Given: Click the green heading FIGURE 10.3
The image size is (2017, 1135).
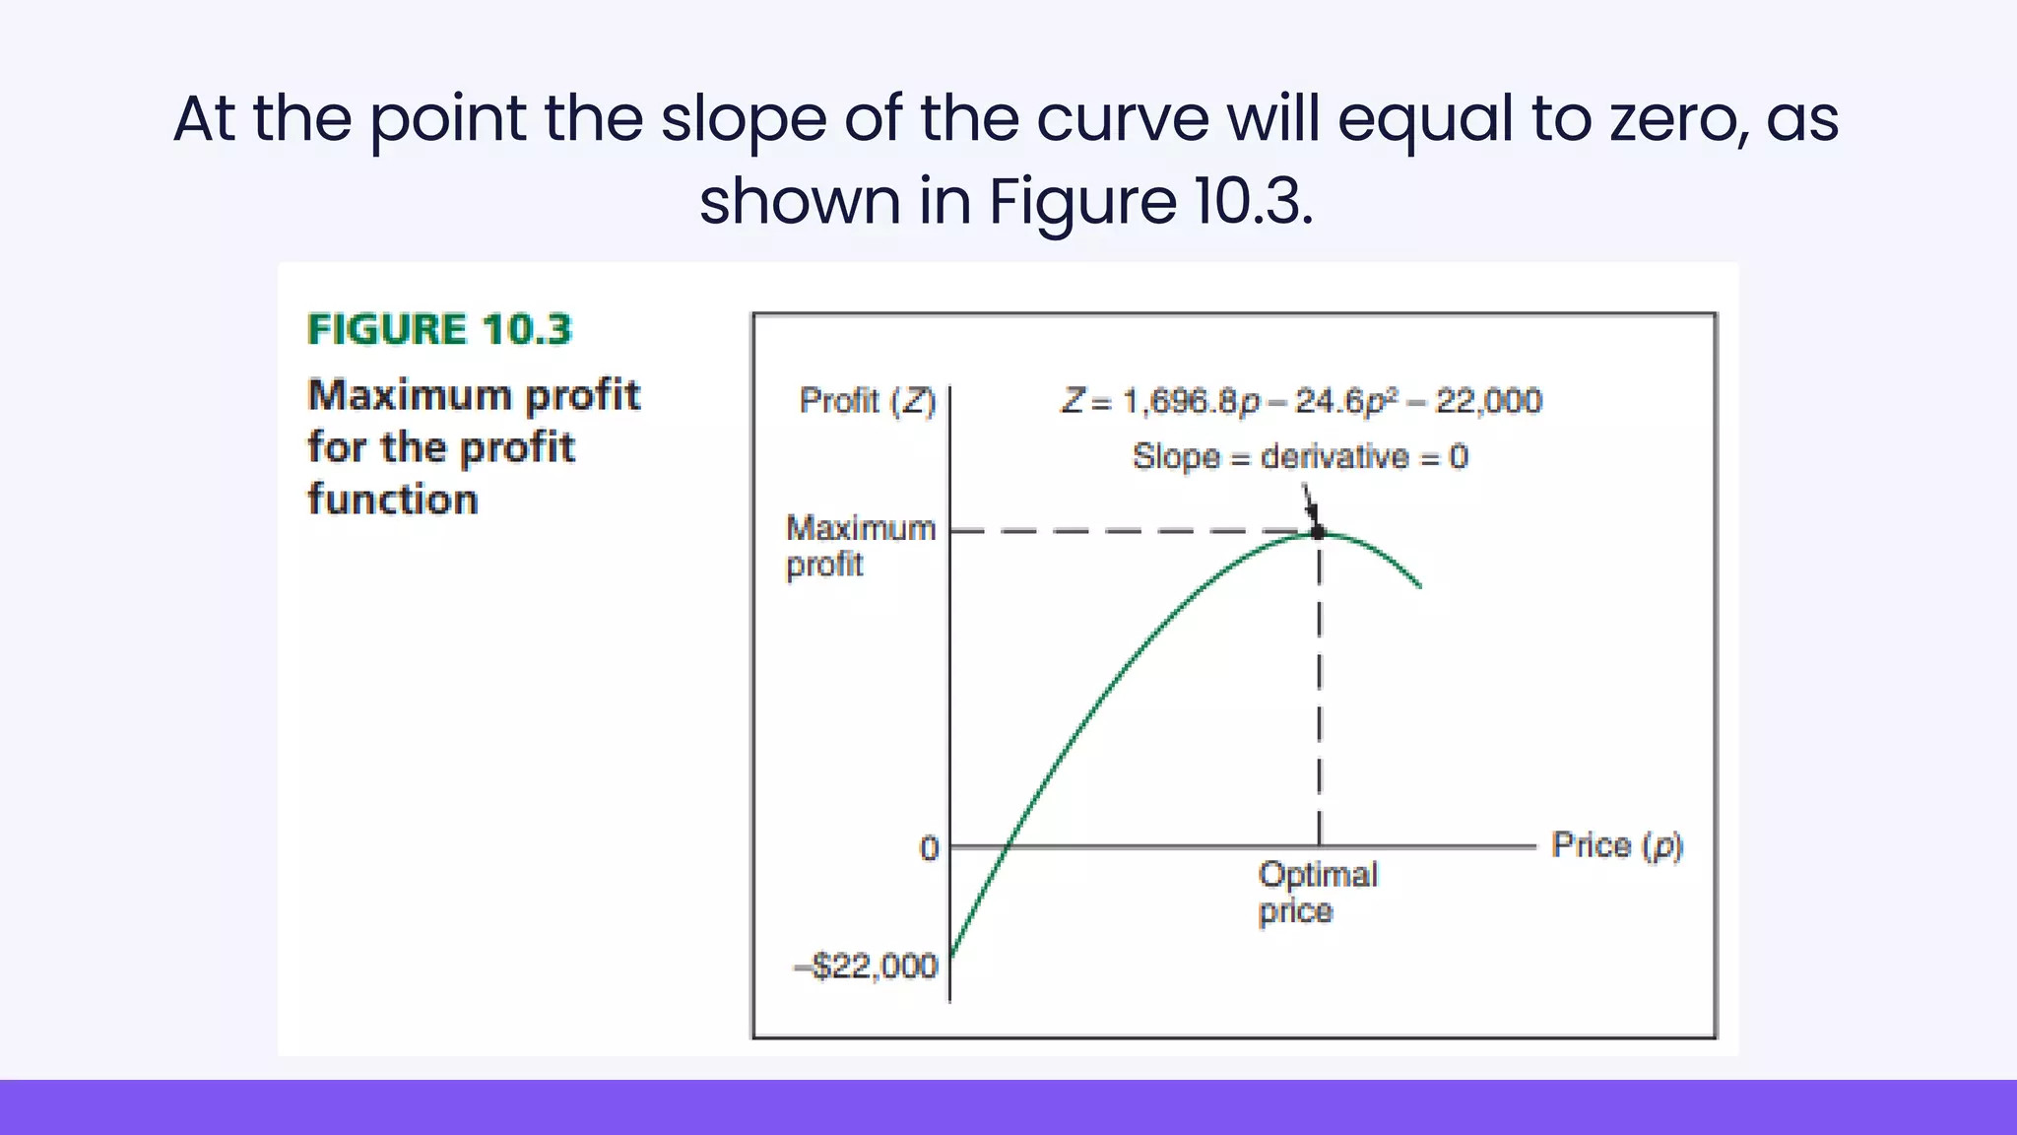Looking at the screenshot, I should tap(439, 329).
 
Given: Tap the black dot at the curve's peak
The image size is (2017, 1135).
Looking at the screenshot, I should tap(1318, 532).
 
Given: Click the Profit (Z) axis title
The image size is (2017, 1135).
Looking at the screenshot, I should tap(867, 401).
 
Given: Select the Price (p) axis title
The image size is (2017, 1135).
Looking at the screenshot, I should tap(1617, 845).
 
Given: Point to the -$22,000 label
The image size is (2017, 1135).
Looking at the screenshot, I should tap(867, 966).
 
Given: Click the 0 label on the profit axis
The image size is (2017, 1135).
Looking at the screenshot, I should tap(929, 848).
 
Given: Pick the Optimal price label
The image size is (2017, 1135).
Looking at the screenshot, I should tap(1318, 892).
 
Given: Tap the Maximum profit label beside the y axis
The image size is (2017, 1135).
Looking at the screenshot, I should tap(860, 546).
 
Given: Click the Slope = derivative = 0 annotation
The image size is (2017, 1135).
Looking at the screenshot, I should tap(1300, 456).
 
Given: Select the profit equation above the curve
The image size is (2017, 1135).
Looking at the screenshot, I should tap(1301, 401).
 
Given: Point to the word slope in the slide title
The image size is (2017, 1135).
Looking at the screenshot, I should tap(744, 119).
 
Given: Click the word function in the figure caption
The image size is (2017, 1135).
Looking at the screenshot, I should tap(393, 500).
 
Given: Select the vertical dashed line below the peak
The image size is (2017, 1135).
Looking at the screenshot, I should tap(1319, 690).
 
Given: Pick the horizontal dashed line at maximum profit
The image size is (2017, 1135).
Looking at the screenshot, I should tap(1133, 532).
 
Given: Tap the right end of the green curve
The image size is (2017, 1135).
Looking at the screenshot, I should tap(1419, 586).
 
